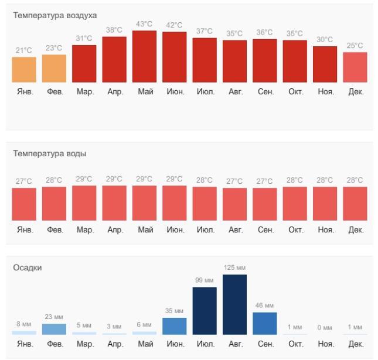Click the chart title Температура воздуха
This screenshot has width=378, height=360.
[x=55, y=15]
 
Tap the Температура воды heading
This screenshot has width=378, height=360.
[x=50, y=154]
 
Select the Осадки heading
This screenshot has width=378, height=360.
[x=28, y=268]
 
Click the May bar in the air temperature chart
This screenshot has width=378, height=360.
[x=144, y=57]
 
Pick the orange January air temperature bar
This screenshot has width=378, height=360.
[x=24, y=70]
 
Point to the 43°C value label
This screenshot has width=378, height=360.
[x=144, y=24]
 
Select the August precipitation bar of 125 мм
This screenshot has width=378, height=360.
[x=234, y=304]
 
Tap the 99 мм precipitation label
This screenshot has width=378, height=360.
[x=205, y=280]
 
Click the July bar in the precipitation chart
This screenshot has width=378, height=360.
[x=205, y=311]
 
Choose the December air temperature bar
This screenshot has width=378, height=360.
[x=355, y=67]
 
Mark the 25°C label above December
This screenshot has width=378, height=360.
[x=355, y=46]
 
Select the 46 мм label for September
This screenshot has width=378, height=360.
[x=265, y=306]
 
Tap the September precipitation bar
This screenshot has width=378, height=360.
[x=265, y=323]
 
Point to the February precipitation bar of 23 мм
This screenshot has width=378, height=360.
[x=54, y=329]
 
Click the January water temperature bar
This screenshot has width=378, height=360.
[x=24, y=204]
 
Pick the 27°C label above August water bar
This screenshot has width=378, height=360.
[x=234, y=181]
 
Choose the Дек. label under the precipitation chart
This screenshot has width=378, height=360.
[x=356, y=344]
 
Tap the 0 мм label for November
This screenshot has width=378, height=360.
[x=325, y=327]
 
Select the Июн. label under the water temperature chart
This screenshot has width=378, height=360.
[x=175, y=230]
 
